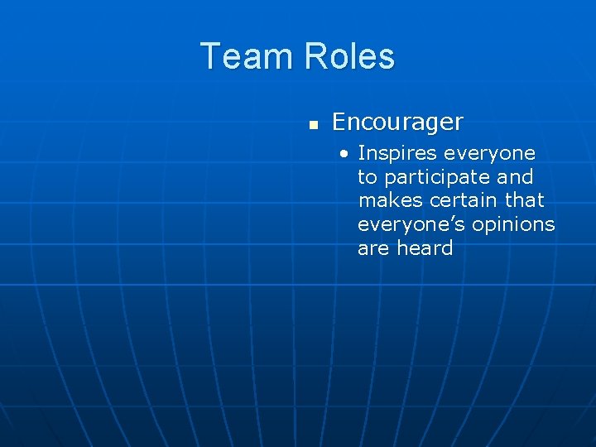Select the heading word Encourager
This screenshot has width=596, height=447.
(397, 123)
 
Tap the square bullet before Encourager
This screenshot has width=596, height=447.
(313, 124)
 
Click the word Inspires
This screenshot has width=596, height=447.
(397, 154)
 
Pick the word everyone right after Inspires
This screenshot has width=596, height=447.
(489, 154)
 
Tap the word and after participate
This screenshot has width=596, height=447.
(514, 177)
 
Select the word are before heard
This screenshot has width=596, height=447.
(374, 248)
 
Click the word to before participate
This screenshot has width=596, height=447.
(367, 178)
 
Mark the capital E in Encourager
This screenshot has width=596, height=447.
(339, 123)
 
